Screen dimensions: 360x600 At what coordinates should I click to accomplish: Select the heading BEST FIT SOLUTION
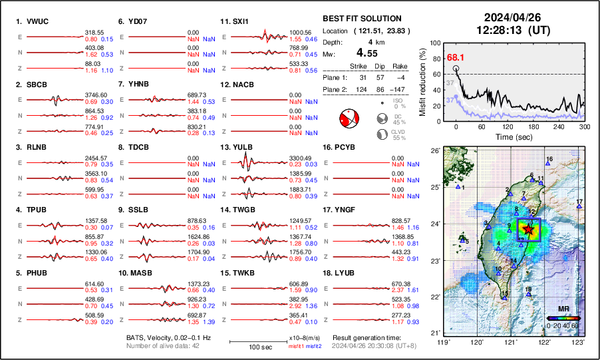[x=362, y=19]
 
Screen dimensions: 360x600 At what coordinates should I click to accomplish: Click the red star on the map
[x=528, y=229]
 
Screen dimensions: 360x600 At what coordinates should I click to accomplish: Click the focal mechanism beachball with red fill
[x=349, y=120]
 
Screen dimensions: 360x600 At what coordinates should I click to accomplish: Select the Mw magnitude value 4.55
[x=368, y=52]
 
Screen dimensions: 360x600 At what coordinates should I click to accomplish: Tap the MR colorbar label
[x=563, y=309]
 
